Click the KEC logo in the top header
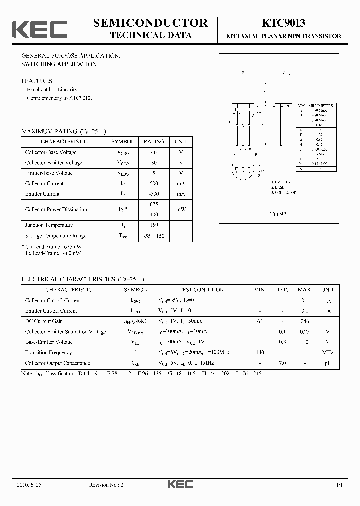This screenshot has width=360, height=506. pyautogui.click(x=39, y=29)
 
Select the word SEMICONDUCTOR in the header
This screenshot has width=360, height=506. pyautogui.click(x=151, y=23)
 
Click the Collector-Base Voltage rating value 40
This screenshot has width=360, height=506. pyautogui.click(x=153, y=152)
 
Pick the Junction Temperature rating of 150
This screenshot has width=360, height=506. pyautogui.click(x=153, y=225)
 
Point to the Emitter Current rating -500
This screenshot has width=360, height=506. pyautogui.click(x=153, y=194)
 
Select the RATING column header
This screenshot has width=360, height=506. pyautogui.click(x=153, y=142)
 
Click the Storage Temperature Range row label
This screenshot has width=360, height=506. pyautogui.click(x=56, y=236)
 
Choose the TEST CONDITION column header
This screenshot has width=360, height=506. pyautogui.click(x=201, y=290)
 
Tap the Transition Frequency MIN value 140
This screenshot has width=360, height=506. pyautogui.click(x=259, y=352)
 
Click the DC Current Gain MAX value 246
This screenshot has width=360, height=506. pyautogui.click(x=304, y=321)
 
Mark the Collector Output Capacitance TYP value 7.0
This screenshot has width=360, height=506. pyautogui.click(x=282, y=363)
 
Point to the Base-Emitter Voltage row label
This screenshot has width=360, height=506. pyautogui.click(x=49, y=342)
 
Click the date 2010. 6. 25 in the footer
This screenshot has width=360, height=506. pyautogui.click(x=30, y=485)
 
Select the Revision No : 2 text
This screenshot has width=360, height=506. pyautogui.click(x=106, y=485)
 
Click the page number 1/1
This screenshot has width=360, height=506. pyautogui.click(x=339, y=485)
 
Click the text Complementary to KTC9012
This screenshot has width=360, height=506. pyautogui.click(x=59, y=98)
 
